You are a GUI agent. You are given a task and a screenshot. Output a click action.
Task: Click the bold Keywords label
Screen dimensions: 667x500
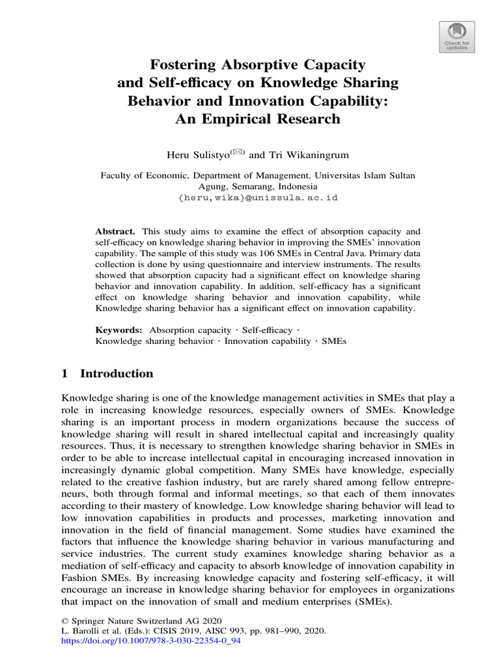pos(118,330)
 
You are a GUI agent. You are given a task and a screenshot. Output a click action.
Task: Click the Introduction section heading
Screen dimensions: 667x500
pos(117,374)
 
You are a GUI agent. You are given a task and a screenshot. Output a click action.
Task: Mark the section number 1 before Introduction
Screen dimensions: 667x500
pos(64,374)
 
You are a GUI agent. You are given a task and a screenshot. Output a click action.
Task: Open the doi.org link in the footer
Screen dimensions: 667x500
pos(151,642)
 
